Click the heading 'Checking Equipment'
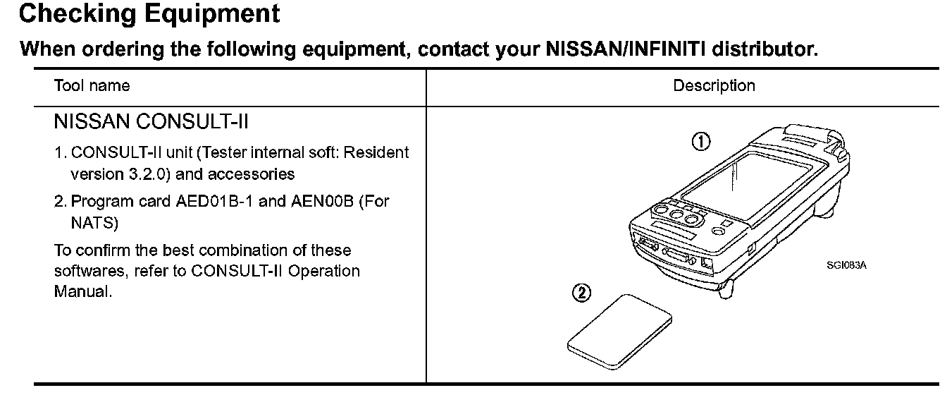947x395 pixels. click(149, 14)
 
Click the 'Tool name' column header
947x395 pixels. click(92, 86)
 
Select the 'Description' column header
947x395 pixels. click(714, 86)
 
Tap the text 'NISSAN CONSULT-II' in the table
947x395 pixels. click(151, 123)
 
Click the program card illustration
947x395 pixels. click(619, 331)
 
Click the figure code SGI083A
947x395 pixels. click(847, 265)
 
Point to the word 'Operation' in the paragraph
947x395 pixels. click(327, 271)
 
